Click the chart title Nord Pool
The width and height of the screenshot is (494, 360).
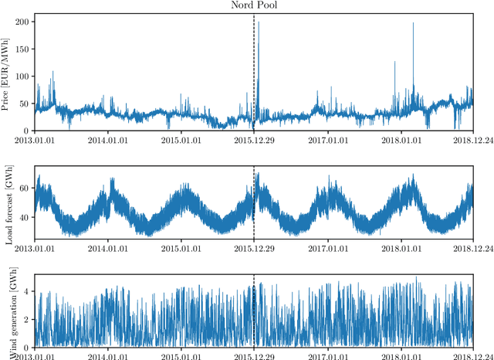click(x=254, y=5)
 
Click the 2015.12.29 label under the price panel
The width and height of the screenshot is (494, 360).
click(x=254, y=139)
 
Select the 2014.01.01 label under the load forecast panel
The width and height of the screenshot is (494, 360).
click(x=107, y=248)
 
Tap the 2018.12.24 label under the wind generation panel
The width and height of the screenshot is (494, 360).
click(x=472, y=355)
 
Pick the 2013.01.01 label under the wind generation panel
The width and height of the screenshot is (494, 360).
click(x=34, y=355)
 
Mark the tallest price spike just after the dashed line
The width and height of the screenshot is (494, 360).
click(x=259, y=23)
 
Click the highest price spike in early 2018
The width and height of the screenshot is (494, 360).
click(x=413, y=25)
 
